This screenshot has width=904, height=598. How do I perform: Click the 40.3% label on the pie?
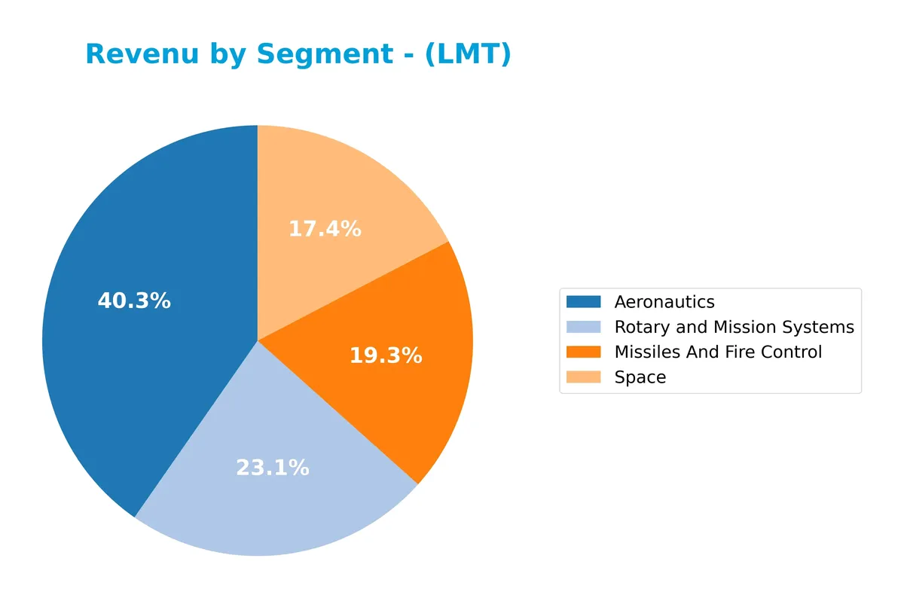134,301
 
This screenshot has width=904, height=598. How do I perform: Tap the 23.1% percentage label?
273,468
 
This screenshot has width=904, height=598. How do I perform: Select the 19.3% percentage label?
386,355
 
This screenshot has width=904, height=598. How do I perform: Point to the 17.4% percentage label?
325,229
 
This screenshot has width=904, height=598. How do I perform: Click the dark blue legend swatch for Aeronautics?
584,302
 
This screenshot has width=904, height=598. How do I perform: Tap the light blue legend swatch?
584,327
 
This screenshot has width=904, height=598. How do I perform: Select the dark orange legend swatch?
584,352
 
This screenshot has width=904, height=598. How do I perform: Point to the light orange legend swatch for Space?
584,377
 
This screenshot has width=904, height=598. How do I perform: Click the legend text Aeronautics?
664,302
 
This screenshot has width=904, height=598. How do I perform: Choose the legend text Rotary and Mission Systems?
734,327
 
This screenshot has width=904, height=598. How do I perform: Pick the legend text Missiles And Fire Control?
718,352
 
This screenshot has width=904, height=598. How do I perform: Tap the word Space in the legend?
640,377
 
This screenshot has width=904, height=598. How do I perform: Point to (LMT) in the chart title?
467,54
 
